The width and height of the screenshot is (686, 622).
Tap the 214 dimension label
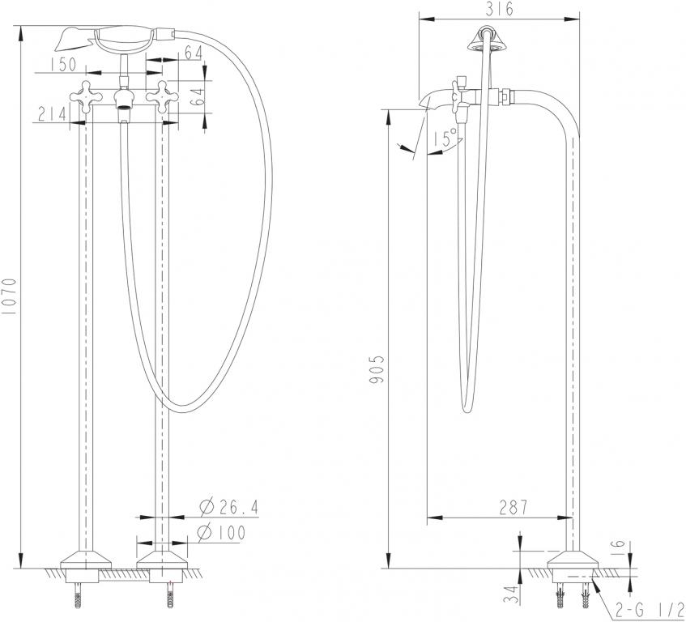pos(51,113)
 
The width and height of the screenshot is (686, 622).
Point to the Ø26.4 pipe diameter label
pos(228,508)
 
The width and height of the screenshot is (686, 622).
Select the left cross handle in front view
pos(83,96)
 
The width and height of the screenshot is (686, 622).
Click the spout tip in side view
pos(424,103)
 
